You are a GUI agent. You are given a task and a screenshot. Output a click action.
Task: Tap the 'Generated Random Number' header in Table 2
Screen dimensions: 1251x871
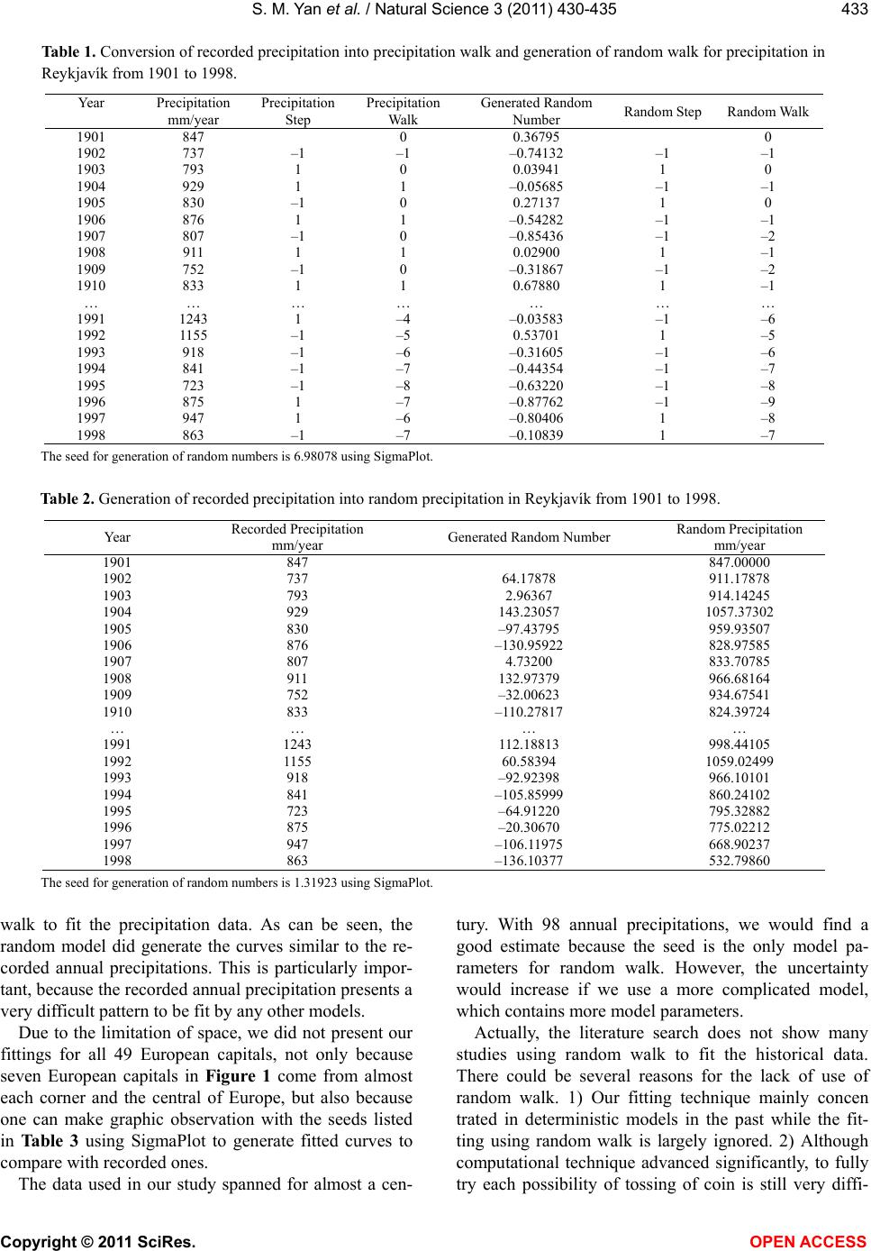[x=529, y=537]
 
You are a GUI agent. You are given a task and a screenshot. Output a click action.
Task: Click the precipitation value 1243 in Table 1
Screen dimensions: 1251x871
[x=193, y=318]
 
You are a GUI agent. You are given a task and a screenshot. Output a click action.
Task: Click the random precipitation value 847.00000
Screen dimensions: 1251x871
[x=739, y=562]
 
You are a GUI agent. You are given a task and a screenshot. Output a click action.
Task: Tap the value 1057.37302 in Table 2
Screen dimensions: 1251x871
[x=739, y=612]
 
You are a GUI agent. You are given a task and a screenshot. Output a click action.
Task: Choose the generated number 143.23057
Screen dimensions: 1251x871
[x=529, y=612]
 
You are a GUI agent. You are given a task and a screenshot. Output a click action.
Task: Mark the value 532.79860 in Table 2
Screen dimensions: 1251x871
[x=739, y=860]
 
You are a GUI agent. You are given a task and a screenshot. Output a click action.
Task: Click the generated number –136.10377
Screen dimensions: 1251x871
[x=529, y=860]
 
